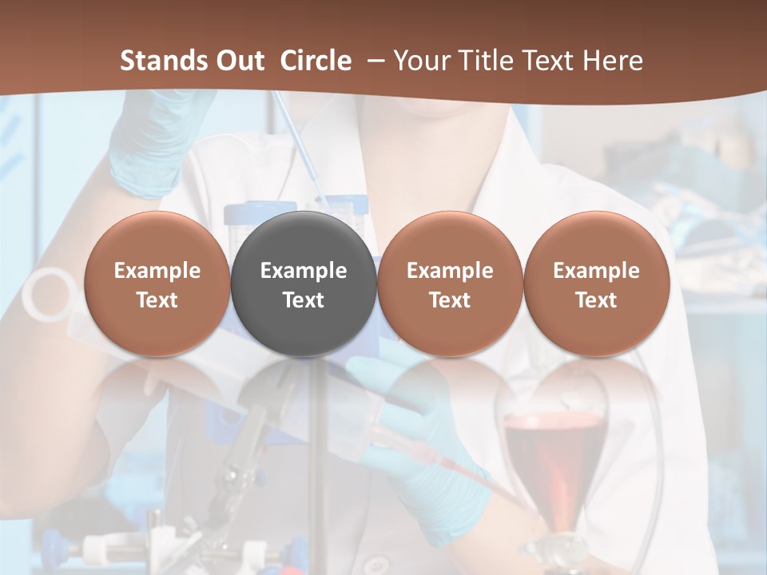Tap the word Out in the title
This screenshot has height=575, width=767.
pos(237,61)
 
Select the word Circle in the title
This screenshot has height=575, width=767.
pos(316,61)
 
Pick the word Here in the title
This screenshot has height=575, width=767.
pos(614,61)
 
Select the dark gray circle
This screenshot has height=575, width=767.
pos(304,284)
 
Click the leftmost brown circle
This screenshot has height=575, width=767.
pos(157,284)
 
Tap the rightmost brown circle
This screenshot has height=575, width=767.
pos(596,284)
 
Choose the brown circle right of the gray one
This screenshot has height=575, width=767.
pos(450,284)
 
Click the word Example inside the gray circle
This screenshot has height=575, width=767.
pos(304,271)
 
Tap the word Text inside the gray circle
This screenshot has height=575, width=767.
pos(304,300)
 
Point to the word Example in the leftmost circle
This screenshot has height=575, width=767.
pos(157,271)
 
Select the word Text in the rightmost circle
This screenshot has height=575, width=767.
pos(596,300)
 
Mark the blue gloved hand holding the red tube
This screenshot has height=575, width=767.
pos(423,447)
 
